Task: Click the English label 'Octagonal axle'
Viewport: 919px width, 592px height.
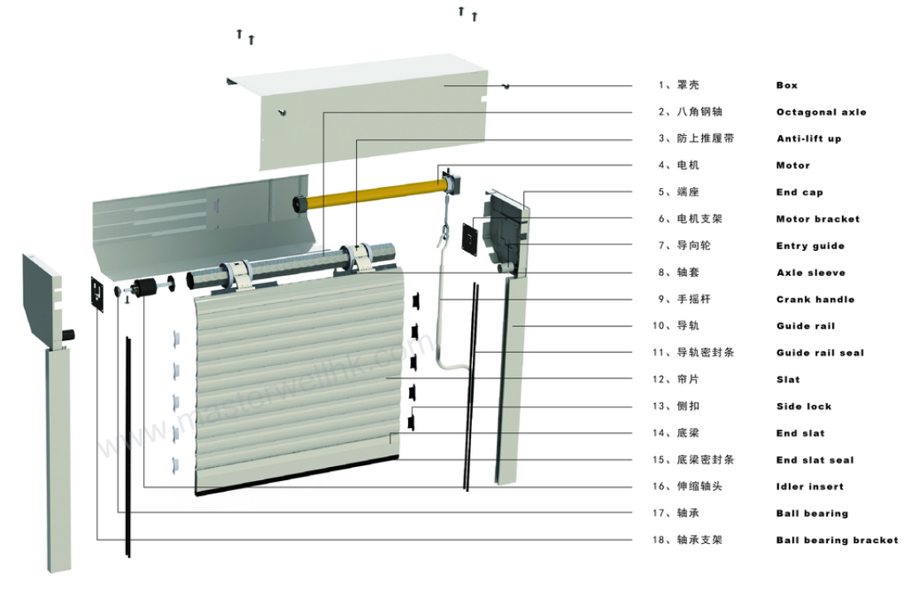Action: click(820, 112)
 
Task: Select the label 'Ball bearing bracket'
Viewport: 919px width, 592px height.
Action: click(836, 540)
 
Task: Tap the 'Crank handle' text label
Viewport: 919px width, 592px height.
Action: click(815, 300)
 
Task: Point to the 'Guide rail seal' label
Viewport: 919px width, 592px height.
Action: click(820, 353)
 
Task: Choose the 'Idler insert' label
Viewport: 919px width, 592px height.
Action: click(810, 487)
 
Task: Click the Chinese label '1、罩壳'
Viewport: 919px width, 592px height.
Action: click(673, 85)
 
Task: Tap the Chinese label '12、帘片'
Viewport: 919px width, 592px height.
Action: click(676, 379)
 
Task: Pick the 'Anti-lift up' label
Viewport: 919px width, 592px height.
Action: click(808, 139)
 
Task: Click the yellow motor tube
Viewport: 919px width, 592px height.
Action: click(373, 190)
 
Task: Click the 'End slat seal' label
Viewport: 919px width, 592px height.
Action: click(814, 460)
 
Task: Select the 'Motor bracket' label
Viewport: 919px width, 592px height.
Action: click(817, 219)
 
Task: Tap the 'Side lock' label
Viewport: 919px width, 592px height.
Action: click(803, 407)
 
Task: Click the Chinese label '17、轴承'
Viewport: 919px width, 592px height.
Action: click(676, 513)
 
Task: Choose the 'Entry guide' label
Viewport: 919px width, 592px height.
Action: click(810, 246)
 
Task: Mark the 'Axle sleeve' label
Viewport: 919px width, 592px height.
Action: click(811, 273)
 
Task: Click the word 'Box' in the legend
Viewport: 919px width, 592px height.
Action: click(787, 85)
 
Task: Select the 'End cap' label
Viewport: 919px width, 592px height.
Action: click(799, 192)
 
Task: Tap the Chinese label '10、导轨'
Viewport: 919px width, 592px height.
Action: click(676, 326)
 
